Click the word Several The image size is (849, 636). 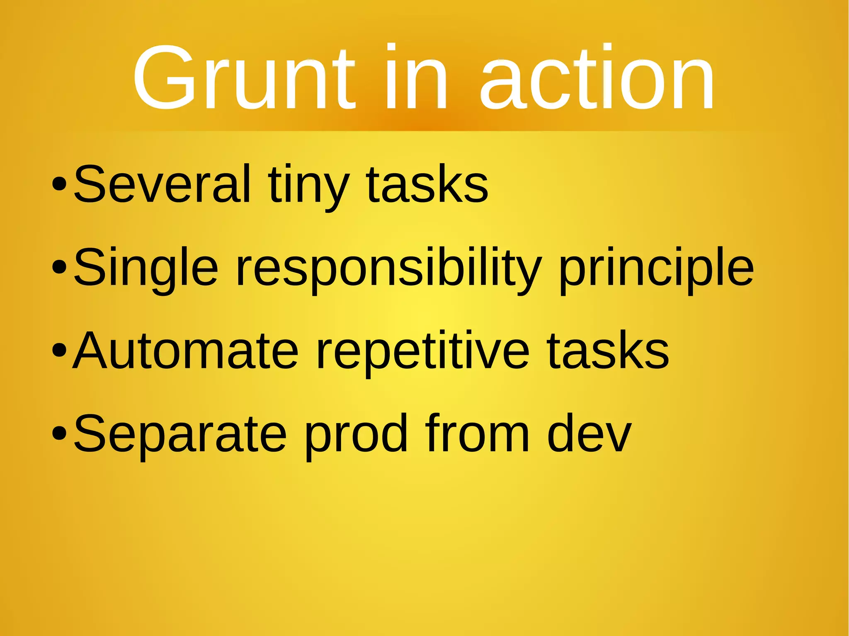(163, 184)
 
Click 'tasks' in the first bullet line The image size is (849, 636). (427, 184)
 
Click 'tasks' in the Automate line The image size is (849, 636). (608, 351)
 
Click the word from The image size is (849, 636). (477, 434)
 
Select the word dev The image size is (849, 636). (589, 434)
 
